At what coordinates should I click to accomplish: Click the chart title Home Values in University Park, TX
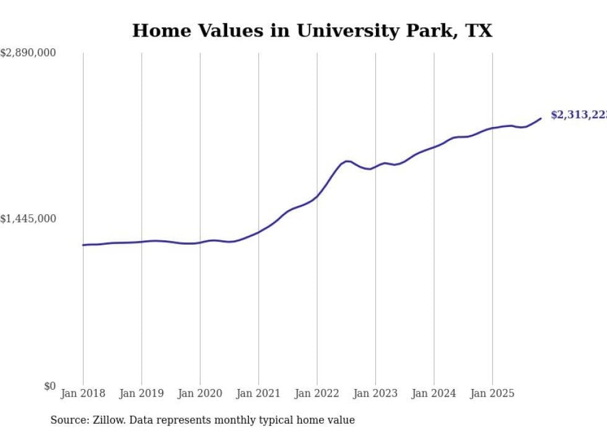[312, 31]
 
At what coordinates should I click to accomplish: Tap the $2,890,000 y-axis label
[28, 53]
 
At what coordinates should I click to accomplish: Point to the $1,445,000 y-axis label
[28, 219]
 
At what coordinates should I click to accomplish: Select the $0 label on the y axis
[50, 386]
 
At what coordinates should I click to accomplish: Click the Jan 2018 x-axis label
[83, 393]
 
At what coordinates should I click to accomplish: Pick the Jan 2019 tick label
[142, 393]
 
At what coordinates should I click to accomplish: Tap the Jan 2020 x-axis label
[200, 393]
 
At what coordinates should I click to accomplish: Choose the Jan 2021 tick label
[258, 393]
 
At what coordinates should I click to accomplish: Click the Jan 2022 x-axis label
[317, 393]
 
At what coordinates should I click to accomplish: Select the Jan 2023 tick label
[375, 393]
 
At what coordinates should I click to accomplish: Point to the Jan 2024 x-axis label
[434, 393]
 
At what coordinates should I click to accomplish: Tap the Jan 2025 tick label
[492, 393]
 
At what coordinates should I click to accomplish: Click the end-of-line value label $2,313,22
[579, 115]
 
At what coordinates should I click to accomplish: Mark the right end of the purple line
[541, 118]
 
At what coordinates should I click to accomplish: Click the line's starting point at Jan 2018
[83, 245]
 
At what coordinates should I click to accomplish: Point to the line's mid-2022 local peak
[347, 161]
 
